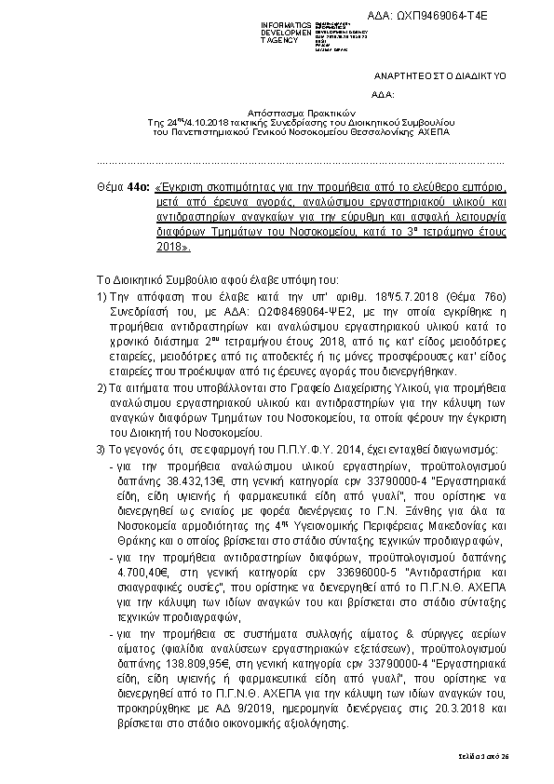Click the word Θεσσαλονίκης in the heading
pyautogui.click(x=374, y=132)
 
